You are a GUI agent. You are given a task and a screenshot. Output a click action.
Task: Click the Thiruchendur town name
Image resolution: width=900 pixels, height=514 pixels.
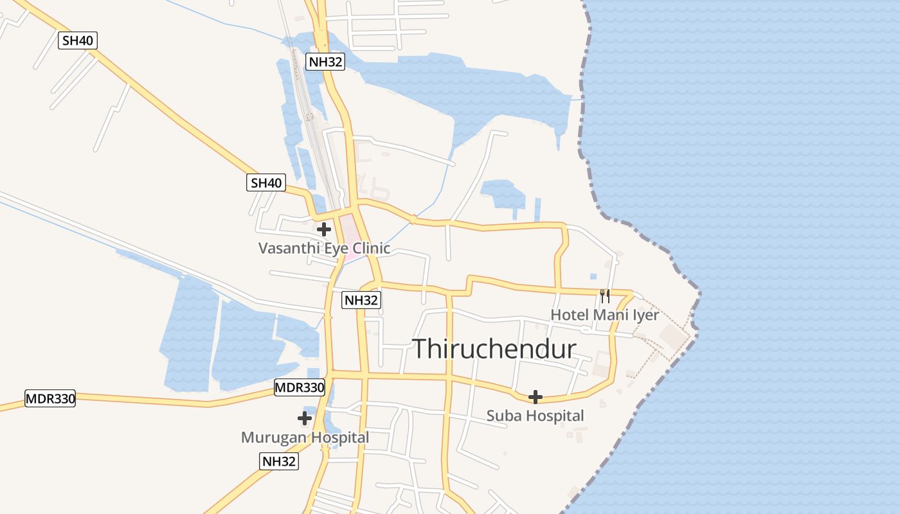click(494, 349)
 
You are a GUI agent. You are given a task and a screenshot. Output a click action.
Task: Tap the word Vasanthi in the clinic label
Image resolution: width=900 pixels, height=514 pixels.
click(285, 248)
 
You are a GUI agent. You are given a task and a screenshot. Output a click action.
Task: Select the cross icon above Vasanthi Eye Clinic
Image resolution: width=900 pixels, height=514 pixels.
click(324, 229)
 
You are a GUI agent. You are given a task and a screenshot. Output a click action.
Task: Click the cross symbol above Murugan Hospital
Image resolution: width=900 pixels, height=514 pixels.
click(305, 419)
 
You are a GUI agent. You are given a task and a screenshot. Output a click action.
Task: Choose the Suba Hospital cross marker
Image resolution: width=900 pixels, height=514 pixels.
click(535, 397)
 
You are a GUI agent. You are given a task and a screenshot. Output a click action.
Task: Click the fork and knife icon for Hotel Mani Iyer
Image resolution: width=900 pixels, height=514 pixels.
click(604, 296)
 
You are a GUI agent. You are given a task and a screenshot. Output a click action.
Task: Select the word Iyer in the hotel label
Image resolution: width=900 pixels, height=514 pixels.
click(646, 315)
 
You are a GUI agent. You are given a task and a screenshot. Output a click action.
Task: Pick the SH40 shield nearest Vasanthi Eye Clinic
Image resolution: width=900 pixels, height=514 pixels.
click(266, 183)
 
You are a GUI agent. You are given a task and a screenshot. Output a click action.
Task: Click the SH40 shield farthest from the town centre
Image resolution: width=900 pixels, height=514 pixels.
click(78, 40)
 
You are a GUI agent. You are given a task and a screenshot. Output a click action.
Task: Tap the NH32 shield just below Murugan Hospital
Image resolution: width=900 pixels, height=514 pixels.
click(280, 461)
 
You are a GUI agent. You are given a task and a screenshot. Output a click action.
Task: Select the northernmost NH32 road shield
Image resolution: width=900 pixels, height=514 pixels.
click(325, 62)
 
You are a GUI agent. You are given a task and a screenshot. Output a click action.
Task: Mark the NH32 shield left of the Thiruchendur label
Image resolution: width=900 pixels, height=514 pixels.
click(361, 300)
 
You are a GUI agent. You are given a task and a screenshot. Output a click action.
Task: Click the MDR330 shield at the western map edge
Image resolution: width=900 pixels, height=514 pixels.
click(50, 398)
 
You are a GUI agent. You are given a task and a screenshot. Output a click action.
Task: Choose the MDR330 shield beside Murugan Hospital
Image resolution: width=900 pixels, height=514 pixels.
click(300, 387)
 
